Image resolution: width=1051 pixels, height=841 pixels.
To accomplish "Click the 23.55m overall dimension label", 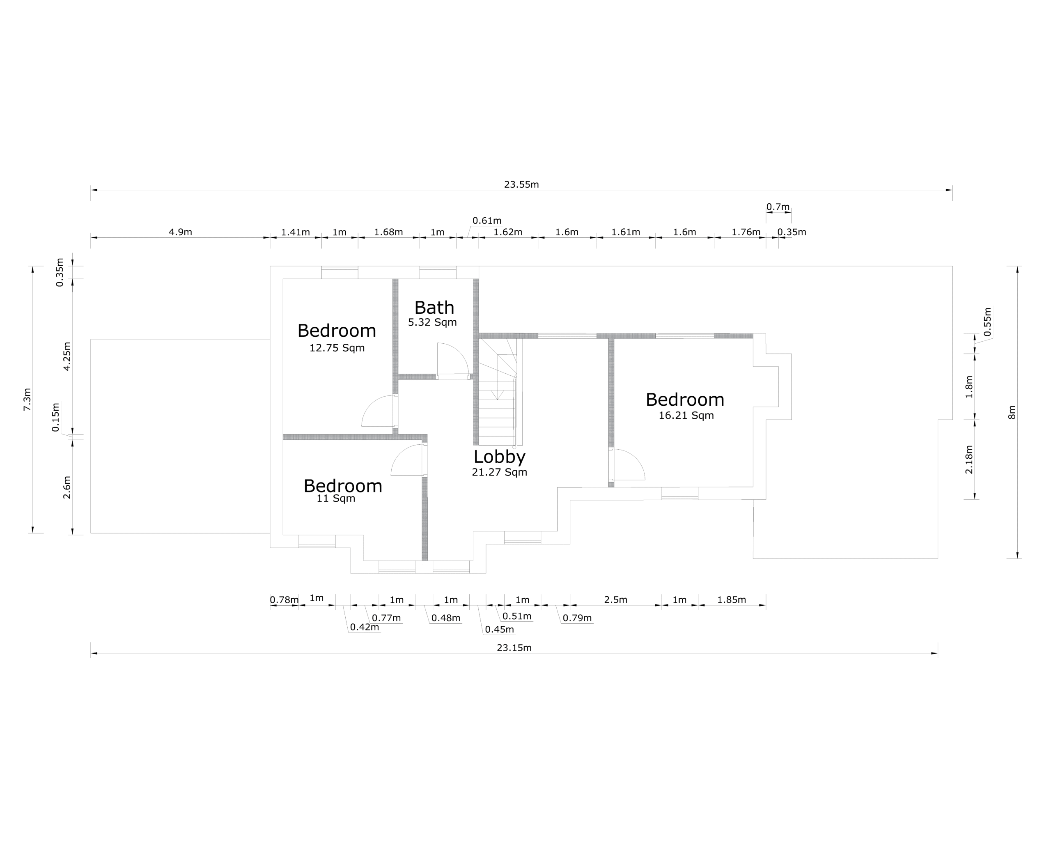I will [521, 185].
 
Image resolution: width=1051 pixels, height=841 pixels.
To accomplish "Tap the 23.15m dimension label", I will [514, 648].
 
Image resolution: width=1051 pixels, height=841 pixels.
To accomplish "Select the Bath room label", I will [434, 308].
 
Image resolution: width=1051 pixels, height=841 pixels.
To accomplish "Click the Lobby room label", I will [500, 457].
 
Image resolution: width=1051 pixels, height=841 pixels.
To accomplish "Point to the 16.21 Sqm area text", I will [686, 416].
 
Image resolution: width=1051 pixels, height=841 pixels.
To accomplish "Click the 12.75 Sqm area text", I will [337, 348].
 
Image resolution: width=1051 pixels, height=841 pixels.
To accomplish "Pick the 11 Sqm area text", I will [336, 499].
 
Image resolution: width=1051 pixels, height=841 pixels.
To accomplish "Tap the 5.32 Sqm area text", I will [432, 322].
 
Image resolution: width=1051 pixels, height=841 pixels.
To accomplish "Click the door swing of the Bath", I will [452, 359].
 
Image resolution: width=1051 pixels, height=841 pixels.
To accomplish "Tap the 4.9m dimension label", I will [180, 232].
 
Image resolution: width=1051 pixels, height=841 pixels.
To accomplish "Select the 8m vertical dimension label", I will [1012, 412].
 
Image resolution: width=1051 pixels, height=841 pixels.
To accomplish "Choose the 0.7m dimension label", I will [778, 207].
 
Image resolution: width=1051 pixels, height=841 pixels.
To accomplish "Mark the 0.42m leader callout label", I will [364, 627].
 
